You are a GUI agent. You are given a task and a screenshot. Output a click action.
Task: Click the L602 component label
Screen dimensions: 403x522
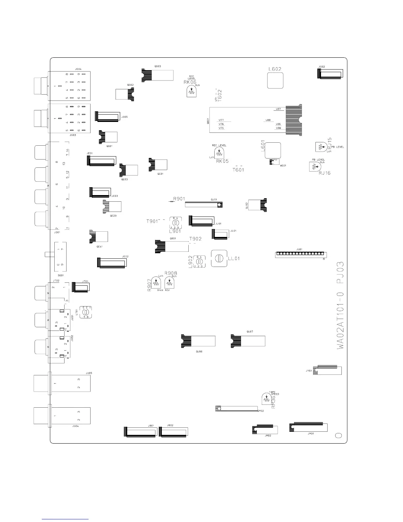point(275,69)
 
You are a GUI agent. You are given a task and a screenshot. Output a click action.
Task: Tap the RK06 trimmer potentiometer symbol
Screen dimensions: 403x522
point(192,92)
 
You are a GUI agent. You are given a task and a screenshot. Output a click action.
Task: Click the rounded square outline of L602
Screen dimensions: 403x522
point(275,81)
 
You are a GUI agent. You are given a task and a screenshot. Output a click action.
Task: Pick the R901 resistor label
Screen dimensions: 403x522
point(179,199)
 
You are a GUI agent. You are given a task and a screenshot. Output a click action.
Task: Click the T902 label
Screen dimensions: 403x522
point(195,239)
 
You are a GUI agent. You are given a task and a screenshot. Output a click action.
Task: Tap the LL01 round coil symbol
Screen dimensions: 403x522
point(219,258)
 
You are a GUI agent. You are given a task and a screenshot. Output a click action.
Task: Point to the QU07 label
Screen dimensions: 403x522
point(250,332)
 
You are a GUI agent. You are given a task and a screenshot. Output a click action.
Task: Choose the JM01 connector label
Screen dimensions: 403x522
point(310,434)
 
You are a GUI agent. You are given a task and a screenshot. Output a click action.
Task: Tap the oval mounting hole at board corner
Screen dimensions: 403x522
point(338,435)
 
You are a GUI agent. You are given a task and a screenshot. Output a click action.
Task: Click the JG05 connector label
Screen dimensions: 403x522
point(124,117)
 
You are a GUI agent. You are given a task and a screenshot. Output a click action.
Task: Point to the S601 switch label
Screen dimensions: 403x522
point(61,275)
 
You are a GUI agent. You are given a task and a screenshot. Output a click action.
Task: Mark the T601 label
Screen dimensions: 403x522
point(238,170)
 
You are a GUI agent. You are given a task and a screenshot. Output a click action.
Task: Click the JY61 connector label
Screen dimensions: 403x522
point(309,371)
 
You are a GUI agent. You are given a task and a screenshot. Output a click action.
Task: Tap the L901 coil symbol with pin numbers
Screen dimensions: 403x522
point(175,223)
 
